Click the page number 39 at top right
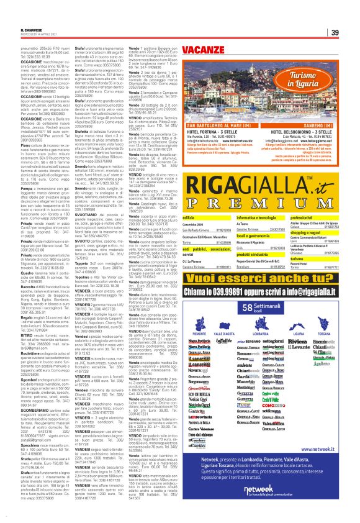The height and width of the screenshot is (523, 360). [335, 33]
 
